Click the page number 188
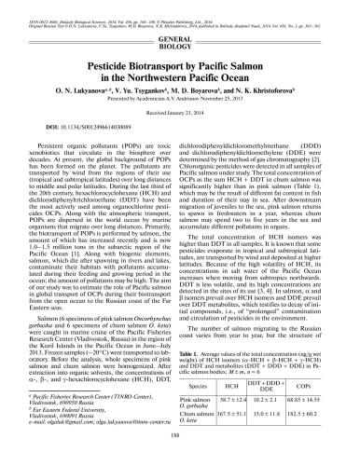coord(180,456)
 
